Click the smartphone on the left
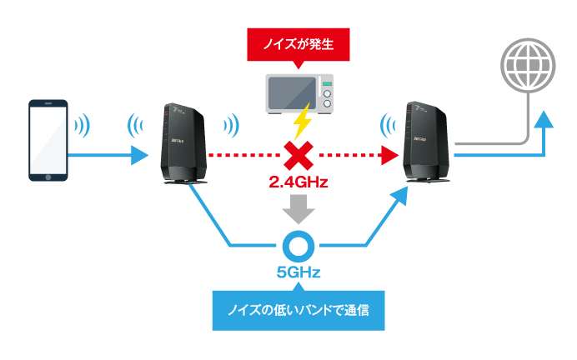point(48,139)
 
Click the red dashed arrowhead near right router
point(387,155)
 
